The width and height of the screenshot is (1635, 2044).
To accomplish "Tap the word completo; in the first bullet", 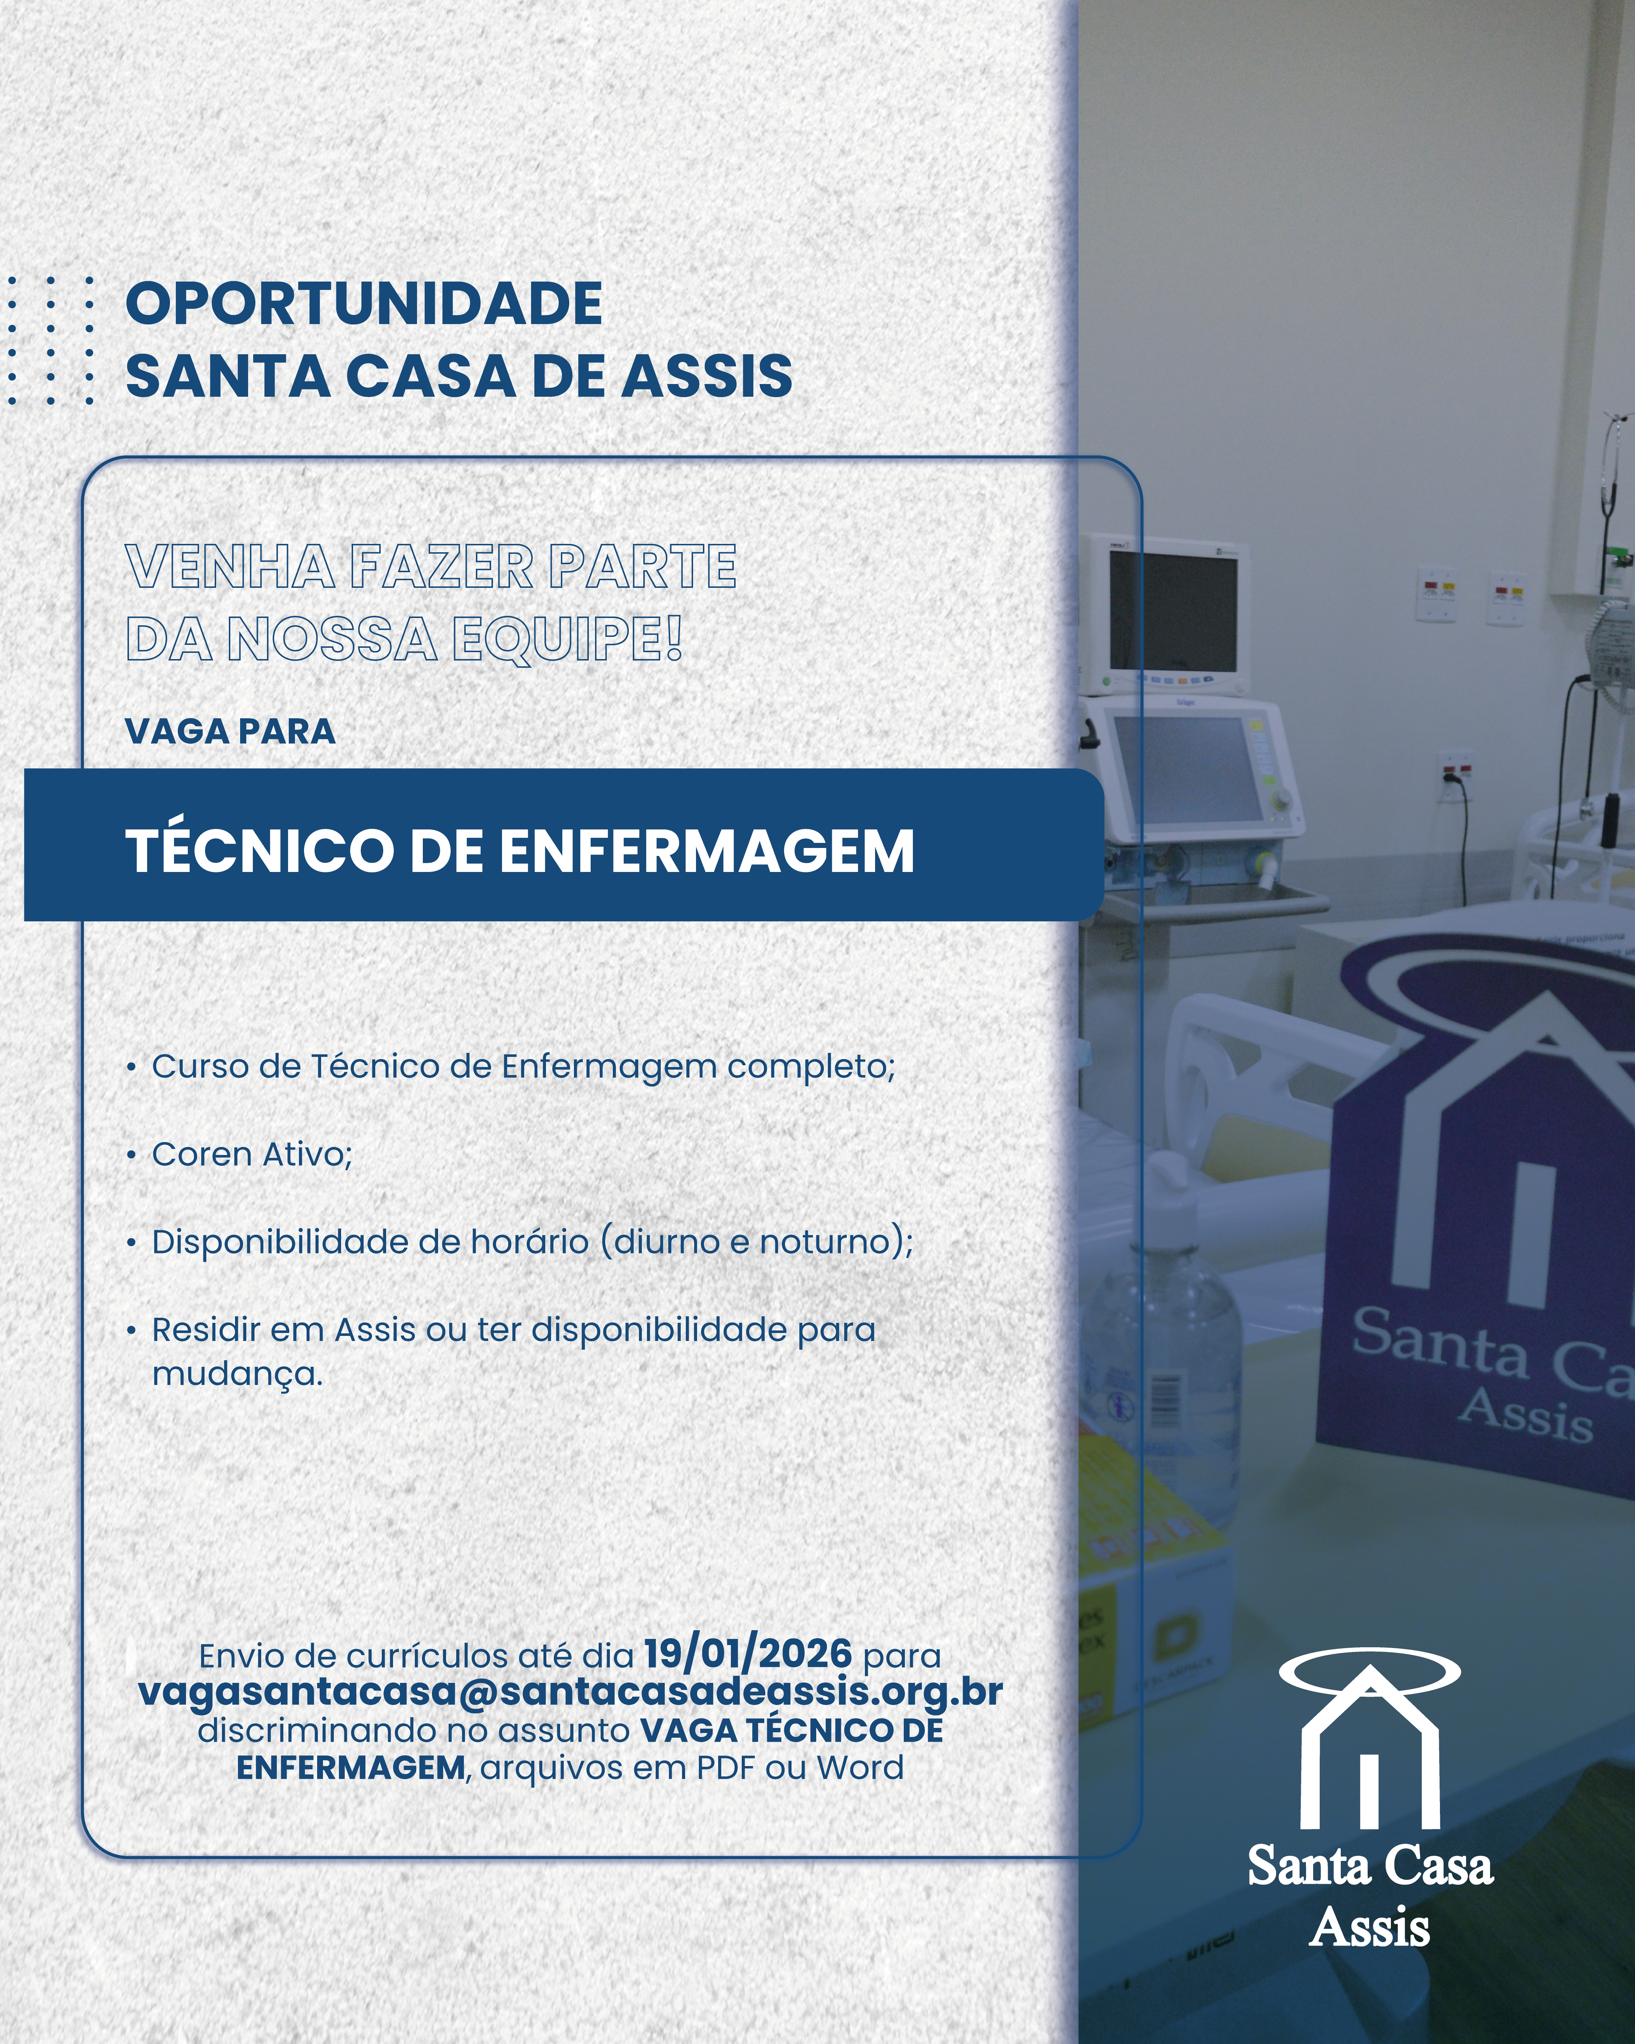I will tap(810, 1067).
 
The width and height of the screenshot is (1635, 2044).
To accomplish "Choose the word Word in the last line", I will tap(860, 1768).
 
